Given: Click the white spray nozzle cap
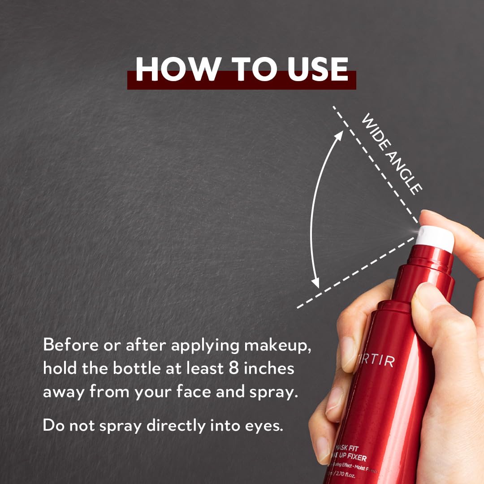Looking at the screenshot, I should pyautogui.click(x=434, y=237).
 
